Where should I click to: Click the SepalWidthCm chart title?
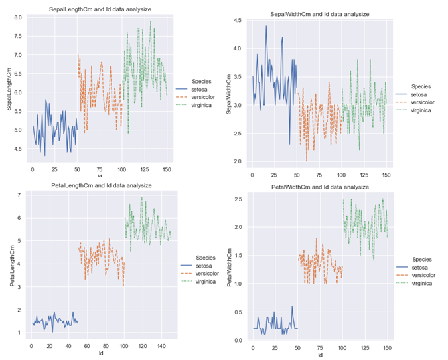pos(319,13)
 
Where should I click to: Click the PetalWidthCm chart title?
pos(319,187)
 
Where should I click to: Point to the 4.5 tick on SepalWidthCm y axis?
pos(237,21)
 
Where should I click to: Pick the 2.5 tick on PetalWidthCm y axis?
pos(237,199)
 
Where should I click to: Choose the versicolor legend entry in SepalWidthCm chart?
pos(423,102)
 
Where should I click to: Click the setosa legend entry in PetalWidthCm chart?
pos(423,267)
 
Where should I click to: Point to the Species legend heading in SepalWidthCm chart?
pos(421,86)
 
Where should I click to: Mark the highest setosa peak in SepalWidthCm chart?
pos(266,26)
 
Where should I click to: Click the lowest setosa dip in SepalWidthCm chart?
pos(289,144)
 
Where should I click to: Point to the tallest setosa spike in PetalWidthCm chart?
pos(291,306)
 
